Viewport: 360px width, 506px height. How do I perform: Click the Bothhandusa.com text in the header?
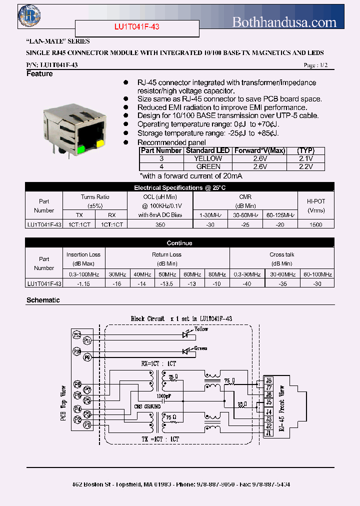coord(284,21)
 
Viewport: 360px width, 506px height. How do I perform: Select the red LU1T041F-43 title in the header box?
coord(137,27)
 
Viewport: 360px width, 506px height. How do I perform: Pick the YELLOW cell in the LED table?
coord(207,158)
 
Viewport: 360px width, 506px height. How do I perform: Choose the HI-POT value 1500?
coord(315,225)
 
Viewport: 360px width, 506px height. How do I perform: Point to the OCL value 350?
coord(160,225)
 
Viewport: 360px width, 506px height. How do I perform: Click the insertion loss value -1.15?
coord(83,283)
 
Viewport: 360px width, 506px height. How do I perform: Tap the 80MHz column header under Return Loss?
coord(216,274)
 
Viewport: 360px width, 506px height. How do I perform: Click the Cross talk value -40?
coord(246,283)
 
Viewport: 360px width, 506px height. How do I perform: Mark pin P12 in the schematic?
coord(77,334)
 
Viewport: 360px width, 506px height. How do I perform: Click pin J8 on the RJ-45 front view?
coord(268,380)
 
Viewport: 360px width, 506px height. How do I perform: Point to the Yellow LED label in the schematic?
coord(201,329)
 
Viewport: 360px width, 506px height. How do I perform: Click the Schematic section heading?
coord(43,300)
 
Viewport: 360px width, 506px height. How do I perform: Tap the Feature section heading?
coord(39,74)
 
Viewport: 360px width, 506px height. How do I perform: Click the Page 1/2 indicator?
coord(316,65)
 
